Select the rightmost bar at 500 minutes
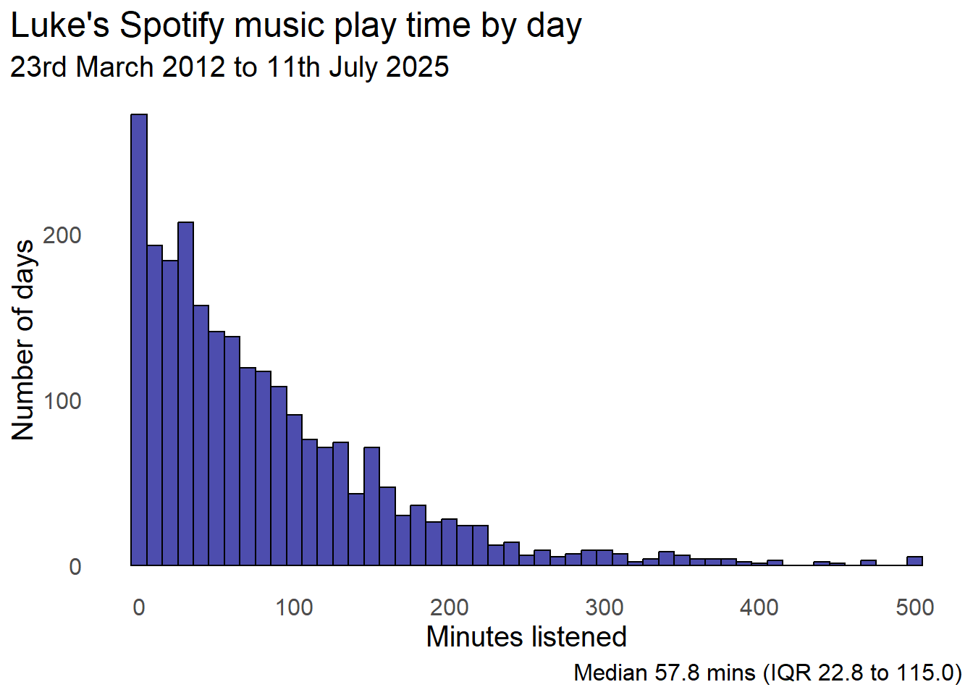pos(914,560)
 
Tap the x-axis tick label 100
pos(294,607)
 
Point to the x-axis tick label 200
pos(449,607)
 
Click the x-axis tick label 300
pos(605,607)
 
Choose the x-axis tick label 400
pos(759,607)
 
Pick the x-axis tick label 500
pos(914,607)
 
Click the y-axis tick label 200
pos(62,235)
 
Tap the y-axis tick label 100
pos(62,401)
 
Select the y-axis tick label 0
pos(75,567)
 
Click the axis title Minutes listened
pos(526,637)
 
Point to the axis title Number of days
pos(23,340)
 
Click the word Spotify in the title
pos(173,27)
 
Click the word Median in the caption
pos(610,673)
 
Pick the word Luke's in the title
pos(60,27)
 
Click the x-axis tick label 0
pos(139,607)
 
